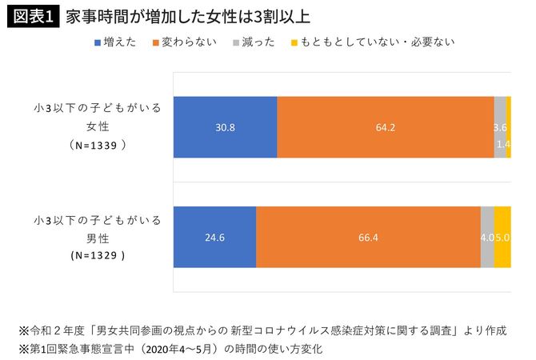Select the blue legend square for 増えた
pos(97,42)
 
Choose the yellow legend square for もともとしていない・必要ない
pos(295,42)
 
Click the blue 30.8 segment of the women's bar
pos(225,126)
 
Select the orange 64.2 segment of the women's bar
pos(386,126)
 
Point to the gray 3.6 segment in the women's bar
pos(500,126)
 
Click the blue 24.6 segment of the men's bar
pos(214,237)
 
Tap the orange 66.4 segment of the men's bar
pos(368,237)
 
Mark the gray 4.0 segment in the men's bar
pos(487,237)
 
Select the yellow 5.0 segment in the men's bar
pos(502,237)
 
